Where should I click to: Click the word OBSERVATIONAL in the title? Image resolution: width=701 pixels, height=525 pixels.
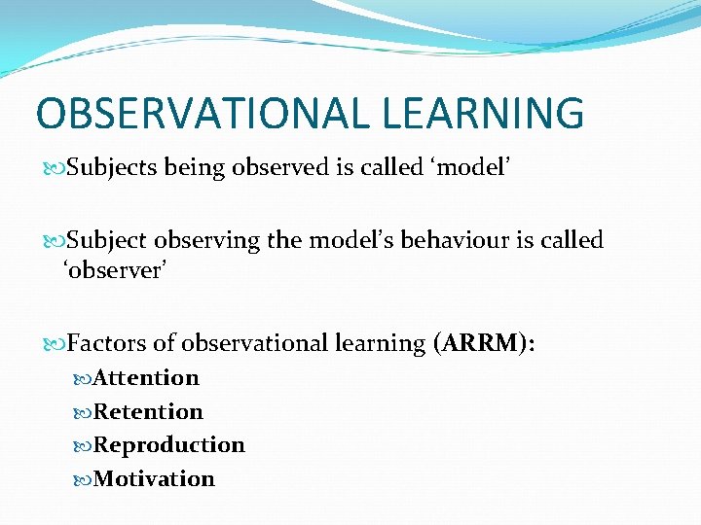point(200,113)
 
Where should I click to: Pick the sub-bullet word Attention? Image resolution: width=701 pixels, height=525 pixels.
point(146,377)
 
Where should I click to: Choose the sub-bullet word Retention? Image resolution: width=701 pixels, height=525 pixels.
point(148,411)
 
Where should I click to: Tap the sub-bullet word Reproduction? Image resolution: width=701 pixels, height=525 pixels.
point(169,445)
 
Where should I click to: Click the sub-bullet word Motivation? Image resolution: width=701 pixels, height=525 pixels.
point(154,479)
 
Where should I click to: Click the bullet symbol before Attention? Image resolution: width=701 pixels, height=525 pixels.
point(83,378)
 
